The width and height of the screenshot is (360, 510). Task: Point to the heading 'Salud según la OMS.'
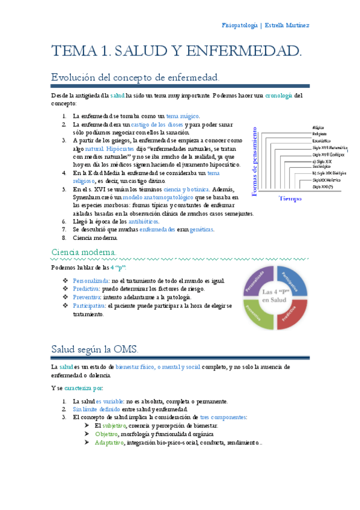pyautogui.click(x=94, y=349)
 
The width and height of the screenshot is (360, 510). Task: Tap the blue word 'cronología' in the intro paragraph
pyautogui.click(x=278, y=95)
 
